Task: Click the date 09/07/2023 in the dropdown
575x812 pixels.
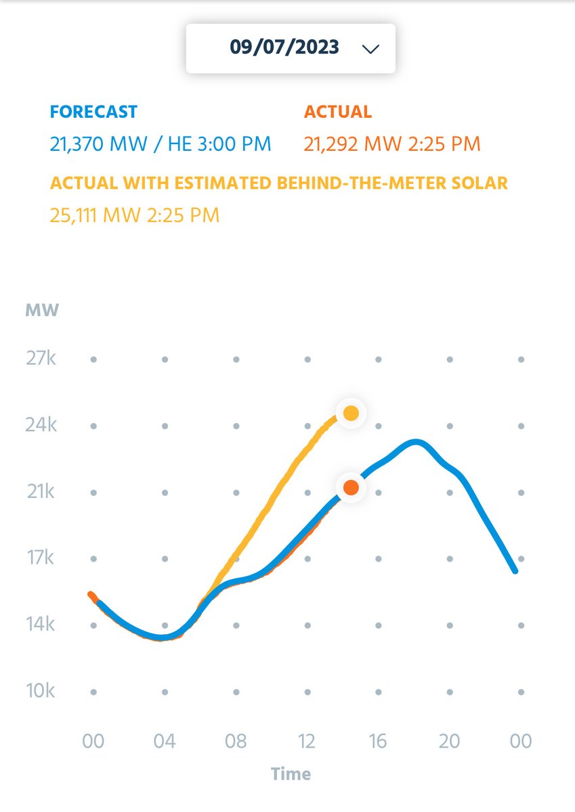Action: [x=284, y=47]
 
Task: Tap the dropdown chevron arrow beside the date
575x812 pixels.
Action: [x=370, y=49]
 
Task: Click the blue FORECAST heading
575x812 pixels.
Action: [x=93, y=112]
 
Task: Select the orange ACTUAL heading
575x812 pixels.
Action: [x=337, y=112]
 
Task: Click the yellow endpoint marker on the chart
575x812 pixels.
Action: [x=351, y=413]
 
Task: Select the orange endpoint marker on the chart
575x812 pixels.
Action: [x=351, y=487]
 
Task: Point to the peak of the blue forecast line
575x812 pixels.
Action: [x=417, y=443]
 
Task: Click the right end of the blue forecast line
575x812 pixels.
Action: [x=515, y=571]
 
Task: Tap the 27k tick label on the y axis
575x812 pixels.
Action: [x=41, y=359]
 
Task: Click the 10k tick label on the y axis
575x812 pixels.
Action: [x=41, y=692]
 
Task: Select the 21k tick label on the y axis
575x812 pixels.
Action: [x=41, y=492]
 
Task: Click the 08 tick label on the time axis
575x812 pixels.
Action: [x=236, y=741]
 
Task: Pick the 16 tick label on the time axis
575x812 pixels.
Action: [x=378, y=741]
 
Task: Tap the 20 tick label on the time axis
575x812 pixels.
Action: [x=449, y=741]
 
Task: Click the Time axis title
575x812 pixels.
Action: [x=291, y=773]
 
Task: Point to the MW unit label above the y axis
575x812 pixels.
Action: [x=42, y=311]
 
